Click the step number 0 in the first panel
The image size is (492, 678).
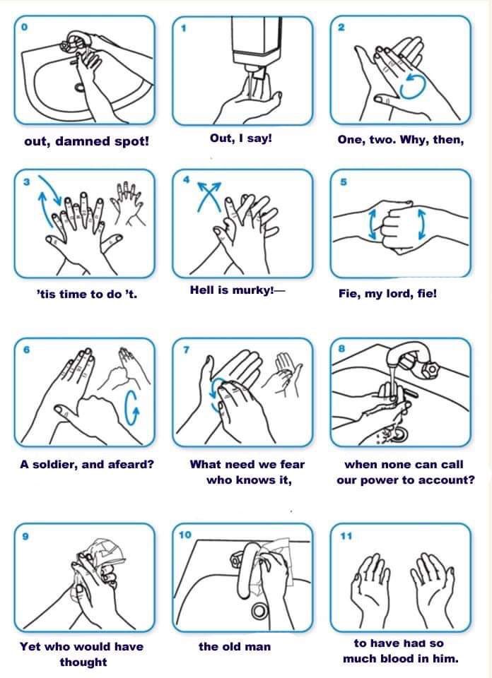coord(25,28)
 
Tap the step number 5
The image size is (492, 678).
coord(342,182)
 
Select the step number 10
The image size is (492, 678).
coord(185,535)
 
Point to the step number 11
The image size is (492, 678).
coord(345,536)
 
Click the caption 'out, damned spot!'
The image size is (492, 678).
coord(86,141)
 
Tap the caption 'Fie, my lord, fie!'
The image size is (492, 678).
coord(387,294)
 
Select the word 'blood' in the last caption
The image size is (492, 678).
coord(409,659)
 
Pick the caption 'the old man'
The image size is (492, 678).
coord(234,646)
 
